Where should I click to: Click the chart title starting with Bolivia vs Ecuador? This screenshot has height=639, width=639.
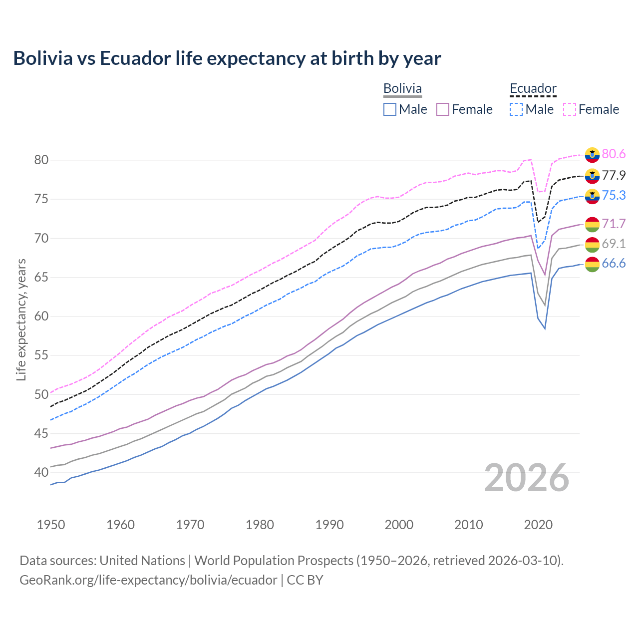[x=227, y=58]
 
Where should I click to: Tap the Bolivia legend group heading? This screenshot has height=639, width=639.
[x=402, y=88]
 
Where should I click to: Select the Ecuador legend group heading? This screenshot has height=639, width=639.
[x=533, y=88]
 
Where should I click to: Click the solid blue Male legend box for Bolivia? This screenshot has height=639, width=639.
[x=390, y=109]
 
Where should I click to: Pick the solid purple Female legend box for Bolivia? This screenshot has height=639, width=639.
[x=443, y=109]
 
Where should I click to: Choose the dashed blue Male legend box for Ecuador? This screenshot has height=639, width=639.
[x=516, y=109]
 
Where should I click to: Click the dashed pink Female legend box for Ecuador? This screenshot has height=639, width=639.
[x=570, y=109]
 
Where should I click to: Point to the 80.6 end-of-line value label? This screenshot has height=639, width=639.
[x=614, y=154]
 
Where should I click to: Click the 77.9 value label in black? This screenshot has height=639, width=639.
[x=614, y=175]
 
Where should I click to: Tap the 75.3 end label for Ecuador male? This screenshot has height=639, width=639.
[x=614, y=195]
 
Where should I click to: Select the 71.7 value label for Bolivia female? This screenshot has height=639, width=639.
[x=614, y=224]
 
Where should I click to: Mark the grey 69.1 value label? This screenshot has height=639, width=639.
[x=614, y=244]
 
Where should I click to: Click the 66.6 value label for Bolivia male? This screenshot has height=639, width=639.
[x=614, y=263]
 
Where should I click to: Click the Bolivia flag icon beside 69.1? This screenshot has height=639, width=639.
[x=592, y=245]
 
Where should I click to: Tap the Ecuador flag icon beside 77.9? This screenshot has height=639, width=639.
[x=592, y=176]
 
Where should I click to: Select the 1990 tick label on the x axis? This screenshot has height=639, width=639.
[x=329, y=525]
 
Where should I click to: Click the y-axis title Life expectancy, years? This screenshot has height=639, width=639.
[x=21, y=319]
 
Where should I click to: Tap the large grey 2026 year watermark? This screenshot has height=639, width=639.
[x=526, y=478]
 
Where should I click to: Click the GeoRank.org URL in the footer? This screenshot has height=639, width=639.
[x=148, y=580]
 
